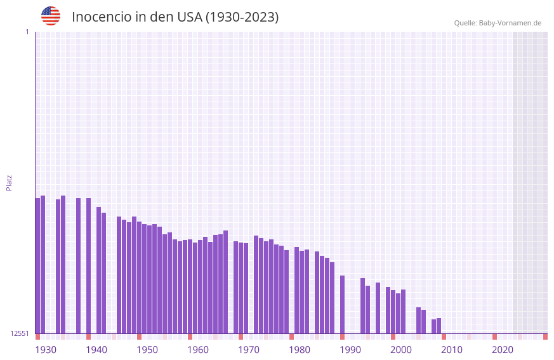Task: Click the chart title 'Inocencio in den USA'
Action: coord(175,17)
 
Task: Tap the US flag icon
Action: coord(51,16)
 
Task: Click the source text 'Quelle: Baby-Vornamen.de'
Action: coord(498,23)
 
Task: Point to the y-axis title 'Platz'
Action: coord(9,182)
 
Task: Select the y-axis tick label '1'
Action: coord(27,32)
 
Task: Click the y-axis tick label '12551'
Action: coord(20,333)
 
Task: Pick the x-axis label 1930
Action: coord(46,350)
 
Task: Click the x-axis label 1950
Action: coord(147,350)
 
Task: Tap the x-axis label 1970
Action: coord(249,350)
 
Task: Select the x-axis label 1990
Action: coord(350,350)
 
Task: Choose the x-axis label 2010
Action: coord(452,350)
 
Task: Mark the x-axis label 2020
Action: coord(503,350)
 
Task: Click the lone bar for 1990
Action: coord(342,304)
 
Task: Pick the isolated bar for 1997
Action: coord(378,308)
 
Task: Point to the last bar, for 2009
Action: coord(439,326)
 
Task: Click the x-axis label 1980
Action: coord(300,350)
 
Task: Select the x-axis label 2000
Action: coord(401,350)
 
